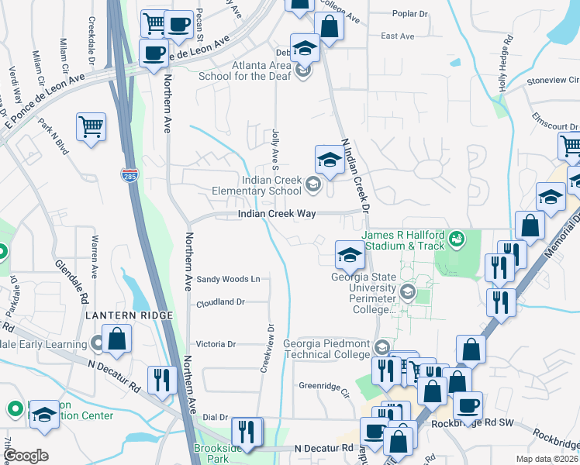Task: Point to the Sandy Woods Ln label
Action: pyautogui.click(x=227, y=279)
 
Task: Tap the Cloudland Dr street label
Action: pyautogui.click(x=220, y=302)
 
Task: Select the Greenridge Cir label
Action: pyautogui.click(x=325, y=385)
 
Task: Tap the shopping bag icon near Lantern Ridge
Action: pyautogui.click(x=116, y=339)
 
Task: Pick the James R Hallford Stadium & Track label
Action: pyautogui.click(x=403, y=240)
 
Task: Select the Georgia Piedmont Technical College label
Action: pyautogui.click(x=326, y=349)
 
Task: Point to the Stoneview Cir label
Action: pyautogui.click(x=552, y=80)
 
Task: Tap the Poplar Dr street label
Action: pyautogui.click(x=410, y=14)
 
